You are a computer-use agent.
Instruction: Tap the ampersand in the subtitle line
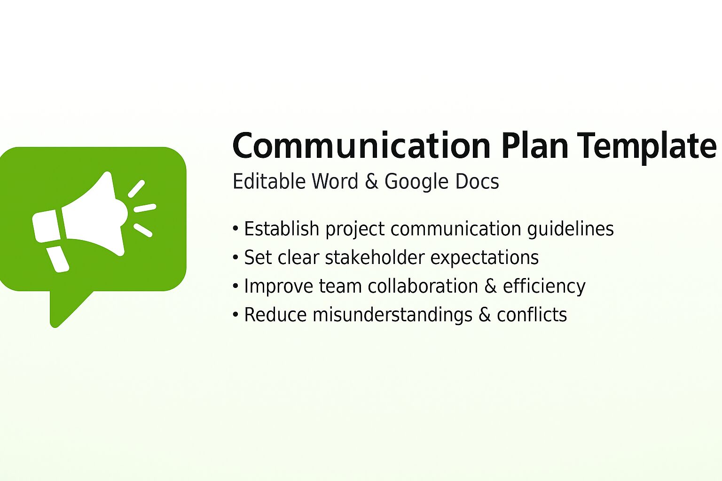(x=371, y=182)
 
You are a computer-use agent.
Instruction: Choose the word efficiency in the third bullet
(x=544, y=287)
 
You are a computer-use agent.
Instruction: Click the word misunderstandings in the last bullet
(x=392, y=315)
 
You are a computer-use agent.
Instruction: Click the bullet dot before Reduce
(x=236, y=315)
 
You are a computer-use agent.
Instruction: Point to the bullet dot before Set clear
(x=236, y=258)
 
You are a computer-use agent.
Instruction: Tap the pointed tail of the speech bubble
(x=61, y=315)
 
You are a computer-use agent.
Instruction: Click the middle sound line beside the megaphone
(x=145, y=208)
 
